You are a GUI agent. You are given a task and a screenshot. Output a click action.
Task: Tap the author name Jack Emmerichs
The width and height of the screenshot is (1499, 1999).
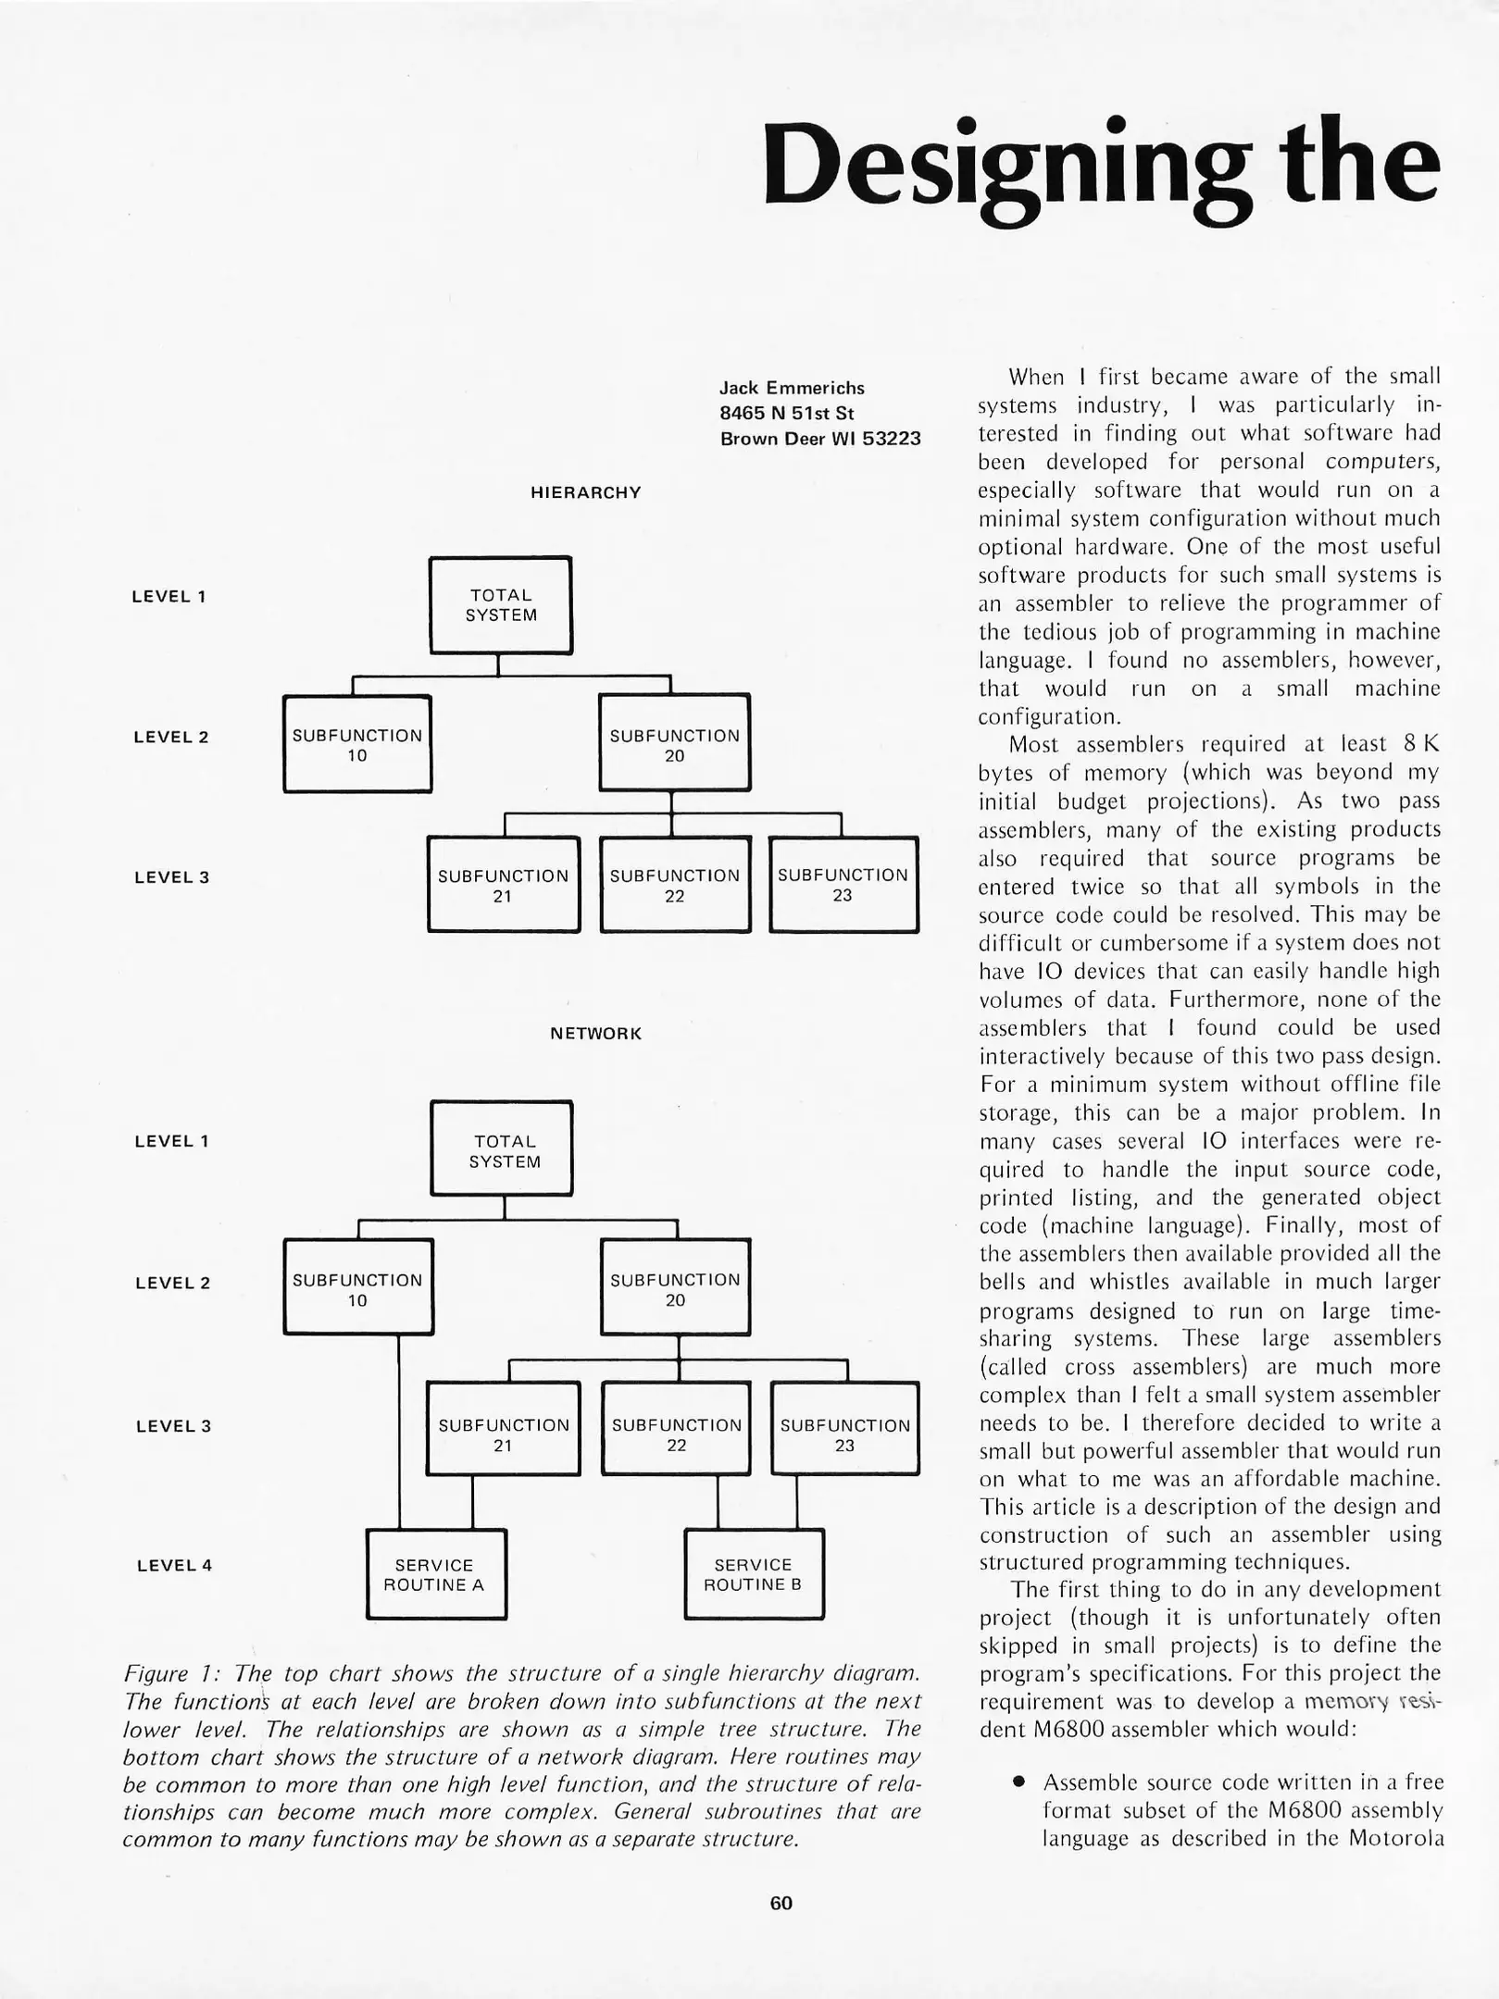(792, 388)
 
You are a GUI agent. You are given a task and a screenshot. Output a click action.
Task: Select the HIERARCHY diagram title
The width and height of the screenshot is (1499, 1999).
(585, 492)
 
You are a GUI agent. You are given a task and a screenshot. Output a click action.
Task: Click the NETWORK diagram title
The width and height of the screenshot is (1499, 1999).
(595, 1034)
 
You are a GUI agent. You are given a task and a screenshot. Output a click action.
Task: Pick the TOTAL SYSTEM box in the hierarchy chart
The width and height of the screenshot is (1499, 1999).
(501, 605)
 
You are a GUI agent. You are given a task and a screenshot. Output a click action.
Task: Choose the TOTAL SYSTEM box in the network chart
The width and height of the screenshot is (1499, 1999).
(503, 1150)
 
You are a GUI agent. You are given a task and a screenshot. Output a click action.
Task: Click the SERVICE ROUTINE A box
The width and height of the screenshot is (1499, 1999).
(435, 1574)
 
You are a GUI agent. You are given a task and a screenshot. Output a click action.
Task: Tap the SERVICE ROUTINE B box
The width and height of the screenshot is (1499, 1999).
(753, 1574)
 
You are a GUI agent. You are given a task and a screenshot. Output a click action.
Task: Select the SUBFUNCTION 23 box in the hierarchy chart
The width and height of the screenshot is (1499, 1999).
(843, 885)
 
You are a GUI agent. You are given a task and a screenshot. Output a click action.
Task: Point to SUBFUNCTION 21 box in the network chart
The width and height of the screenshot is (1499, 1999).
(503, 1434)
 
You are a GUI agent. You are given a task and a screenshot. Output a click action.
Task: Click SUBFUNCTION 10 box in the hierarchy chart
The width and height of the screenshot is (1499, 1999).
(357, 745)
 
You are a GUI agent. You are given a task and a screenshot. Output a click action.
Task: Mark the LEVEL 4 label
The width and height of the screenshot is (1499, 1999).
(174, 1566)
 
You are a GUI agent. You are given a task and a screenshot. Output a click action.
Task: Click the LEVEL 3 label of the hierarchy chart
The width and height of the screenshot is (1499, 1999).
(172, 877)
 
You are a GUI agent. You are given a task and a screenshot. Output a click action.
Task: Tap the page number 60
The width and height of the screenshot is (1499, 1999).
(781, 1903)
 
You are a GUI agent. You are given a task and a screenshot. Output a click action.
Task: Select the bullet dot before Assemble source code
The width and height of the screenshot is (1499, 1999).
(1018, 1782)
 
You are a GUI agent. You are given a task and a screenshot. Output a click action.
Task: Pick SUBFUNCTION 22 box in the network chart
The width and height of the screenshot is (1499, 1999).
(676, 1434)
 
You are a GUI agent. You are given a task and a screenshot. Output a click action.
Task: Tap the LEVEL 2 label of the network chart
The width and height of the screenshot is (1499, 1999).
(172, 1283)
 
